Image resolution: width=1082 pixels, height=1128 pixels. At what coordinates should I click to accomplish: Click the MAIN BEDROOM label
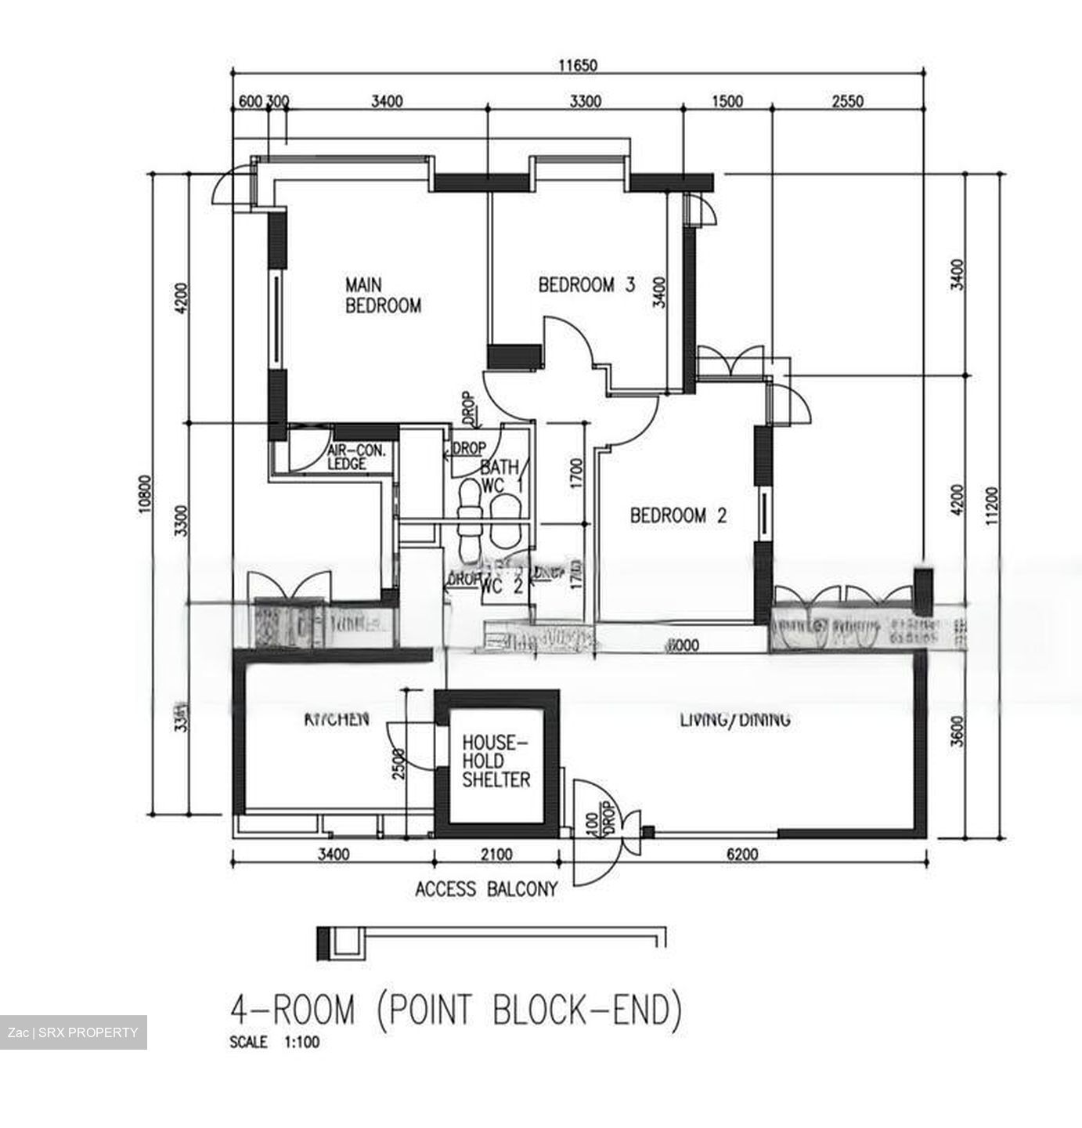(x=383, y=295)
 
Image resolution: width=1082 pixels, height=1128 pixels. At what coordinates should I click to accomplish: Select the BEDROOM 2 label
(x=678, y=515)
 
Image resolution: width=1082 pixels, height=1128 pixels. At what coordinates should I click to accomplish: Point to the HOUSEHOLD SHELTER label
(x=496, y=761)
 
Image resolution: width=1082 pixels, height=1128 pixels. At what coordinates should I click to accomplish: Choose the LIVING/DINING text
(x=734, y=719)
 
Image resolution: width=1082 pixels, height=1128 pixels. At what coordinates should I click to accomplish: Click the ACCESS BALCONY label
(x=486, y=889)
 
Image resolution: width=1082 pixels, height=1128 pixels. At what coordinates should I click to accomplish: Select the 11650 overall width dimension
(x=578, y=66)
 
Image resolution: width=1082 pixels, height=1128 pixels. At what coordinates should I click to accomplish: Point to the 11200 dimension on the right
(x=992, y=506)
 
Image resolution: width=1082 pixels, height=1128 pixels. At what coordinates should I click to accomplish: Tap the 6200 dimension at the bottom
(x=742, y=855)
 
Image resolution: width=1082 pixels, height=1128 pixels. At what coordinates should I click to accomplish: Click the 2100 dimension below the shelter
(x=496, y=855)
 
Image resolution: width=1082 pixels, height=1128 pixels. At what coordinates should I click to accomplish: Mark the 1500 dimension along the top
(x=727, y=101)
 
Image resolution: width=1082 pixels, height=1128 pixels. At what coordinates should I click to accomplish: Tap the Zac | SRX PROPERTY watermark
(x=73, y=1032)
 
